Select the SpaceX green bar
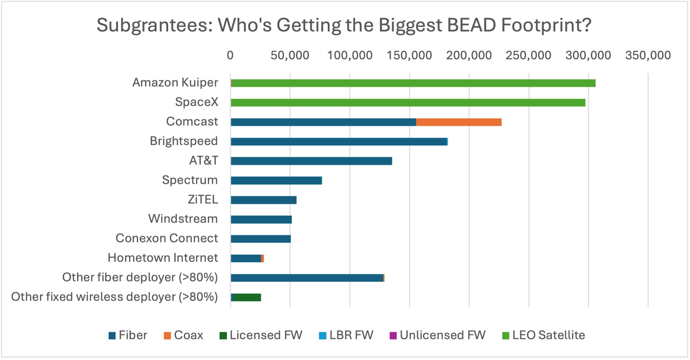coord(408,103)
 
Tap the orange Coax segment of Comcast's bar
coord(459,122)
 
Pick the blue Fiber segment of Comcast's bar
coord(323,122)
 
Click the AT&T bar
coord(311,161)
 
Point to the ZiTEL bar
coord(264,200)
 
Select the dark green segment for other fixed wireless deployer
coord(247,297)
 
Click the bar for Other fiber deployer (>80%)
coord(307,278)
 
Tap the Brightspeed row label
coord(184,141)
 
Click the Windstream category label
coord(183,219)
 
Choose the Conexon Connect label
coord(167,239)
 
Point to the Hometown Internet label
coord(162,258)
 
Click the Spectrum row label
coord(190,180)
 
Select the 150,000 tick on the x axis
coord(409,56)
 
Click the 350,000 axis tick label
coord(648,56)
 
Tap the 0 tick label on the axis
coord(230,56)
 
